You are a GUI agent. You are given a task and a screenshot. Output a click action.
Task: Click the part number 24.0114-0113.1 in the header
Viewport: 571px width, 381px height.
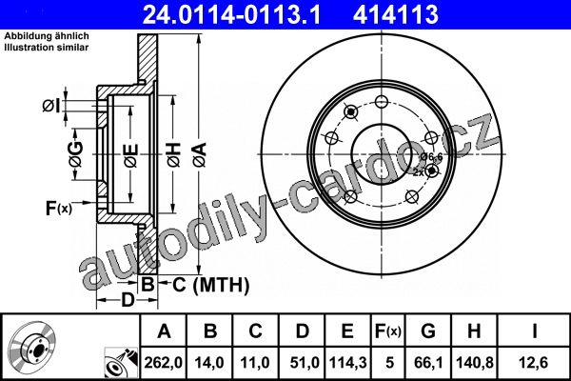231,14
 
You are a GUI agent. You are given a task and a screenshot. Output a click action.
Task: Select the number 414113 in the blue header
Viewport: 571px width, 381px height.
396,14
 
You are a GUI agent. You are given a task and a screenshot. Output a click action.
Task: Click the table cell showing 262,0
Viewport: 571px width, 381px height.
163,362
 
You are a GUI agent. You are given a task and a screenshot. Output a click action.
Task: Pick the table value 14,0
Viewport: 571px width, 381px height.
209,362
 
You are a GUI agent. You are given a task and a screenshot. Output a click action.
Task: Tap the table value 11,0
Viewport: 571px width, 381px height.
255,362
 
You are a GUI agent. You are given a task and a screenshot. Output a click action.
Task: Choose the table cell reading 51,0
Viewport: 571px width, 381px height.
305,362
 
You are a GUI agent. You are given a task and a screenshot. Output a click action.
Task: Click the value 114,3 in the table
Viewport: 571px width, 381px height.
347,362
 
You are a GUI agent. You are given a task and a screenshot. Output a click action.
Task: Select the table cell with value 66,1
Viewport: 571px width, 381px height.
428,362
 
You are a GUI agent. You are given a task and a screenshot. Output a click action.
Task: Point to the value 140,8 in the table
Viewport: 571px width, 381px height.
475,362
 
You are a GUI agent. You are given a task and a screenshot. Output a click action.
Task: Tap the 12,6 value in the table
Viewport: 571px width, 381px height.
534,362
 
